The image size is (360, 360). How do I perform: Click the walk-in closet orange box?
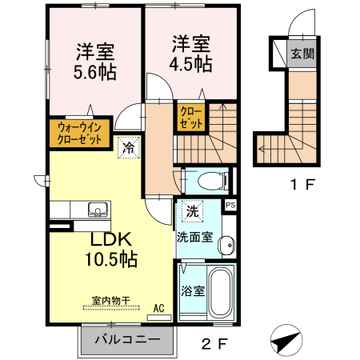[79, 134]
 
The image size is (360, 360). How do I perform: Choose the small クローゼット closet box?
[190, 118]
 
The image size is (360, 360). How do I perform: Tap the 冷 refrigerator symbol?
[128, 146]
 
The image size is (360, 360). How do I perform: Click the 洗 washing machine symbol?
[191, 212]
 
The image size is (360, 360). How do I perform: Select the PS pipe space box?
[230, 206]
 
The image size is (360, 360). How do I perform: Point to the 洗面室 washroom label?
[194, 238]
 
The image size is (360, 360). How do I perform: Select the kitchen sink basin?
[97, 210]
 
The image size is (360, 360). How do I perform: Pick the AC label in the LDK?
[158, 307]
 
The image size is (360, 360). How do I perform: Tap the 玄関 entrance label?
[302, 54]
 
